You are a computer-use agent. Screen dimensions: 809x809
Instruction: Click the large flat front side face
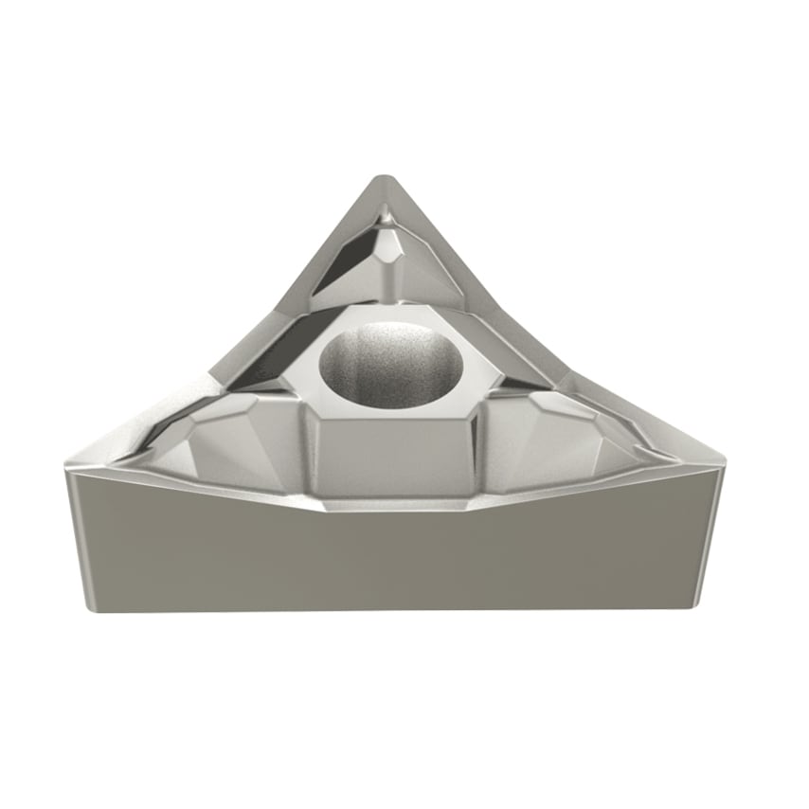coord(398,559)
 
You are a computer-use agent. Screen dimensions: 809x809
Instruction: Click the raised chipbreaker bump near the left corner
coord(204,445)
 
